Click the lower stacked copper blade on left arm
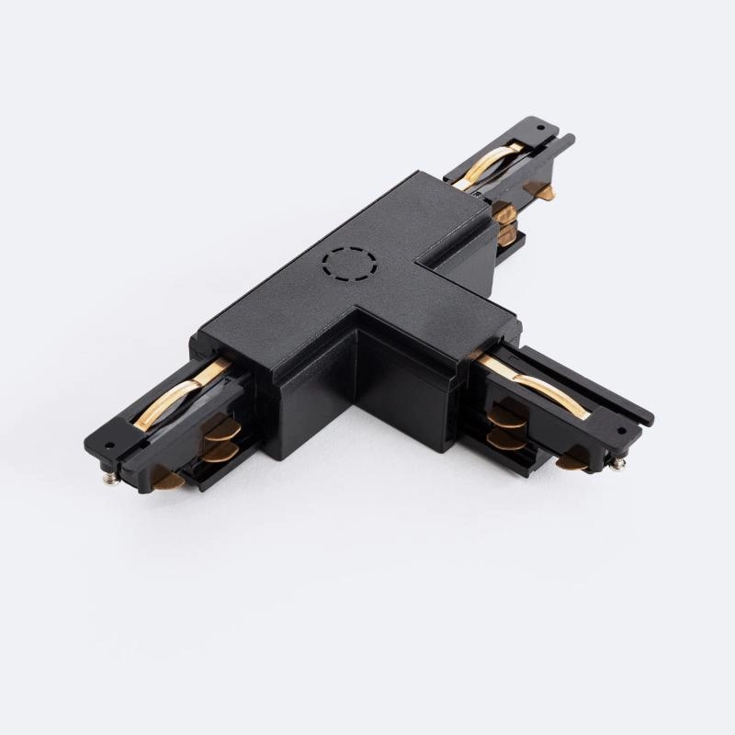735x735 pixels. tap(218, 451)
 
